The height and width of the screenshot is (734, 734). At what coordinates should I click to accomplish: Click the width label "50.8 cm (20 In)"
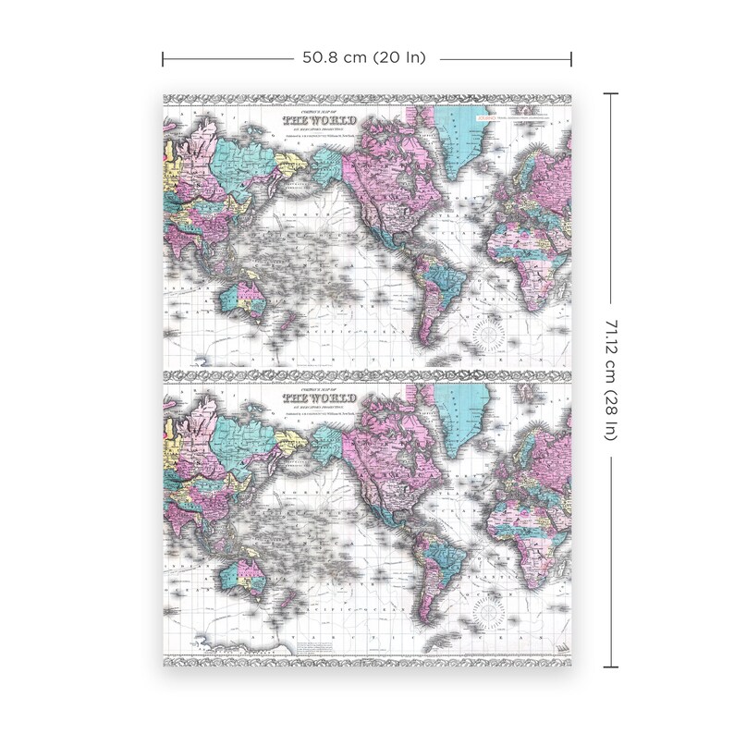point(363,57)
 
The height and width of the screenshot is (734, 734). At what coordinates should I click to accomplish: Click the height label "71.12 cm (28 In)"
point(610,379)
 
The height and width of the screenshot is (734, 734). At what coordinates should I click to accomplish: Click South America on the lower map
point(434,564)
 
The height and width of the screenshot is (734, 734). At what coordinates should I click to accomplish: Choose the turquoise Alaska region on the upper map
point(328,165)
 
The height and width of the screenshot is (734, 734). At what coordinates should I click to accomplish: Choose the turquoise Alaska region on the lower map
point(328,447)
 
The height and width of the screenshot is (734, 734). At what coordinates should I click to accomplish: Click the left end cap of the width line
point(164,58)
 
